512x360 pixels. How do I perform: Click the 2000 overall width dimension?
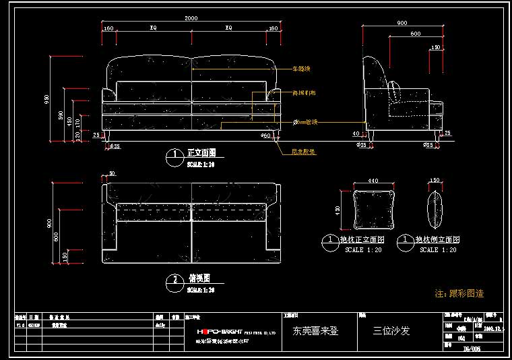(x=191, y=18)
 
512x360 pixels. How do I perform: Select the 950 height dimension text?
(x=47, y=99)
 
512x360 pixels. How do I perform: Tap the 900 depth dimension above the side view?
(x=402, y=23)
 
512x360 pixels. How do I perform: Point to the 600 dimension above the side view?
(x=415, y=34)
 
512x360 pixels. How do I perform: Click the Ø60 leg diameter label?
(x=265, y=136)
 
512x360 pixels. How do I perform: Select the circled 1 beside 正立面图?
(x=174, y=156)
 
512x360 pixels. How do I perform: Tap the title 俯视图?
(x=198, y=278)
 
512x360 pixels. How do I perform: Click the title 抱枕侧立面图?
(x=437, y=239)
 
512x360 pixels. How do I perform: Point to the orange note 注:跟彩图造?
(x=459, y=293)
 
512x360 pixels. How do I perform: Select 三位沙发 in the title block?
(x=391, y=331)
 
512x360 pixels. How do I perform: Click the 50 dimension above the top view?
(x=112, y=173)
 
